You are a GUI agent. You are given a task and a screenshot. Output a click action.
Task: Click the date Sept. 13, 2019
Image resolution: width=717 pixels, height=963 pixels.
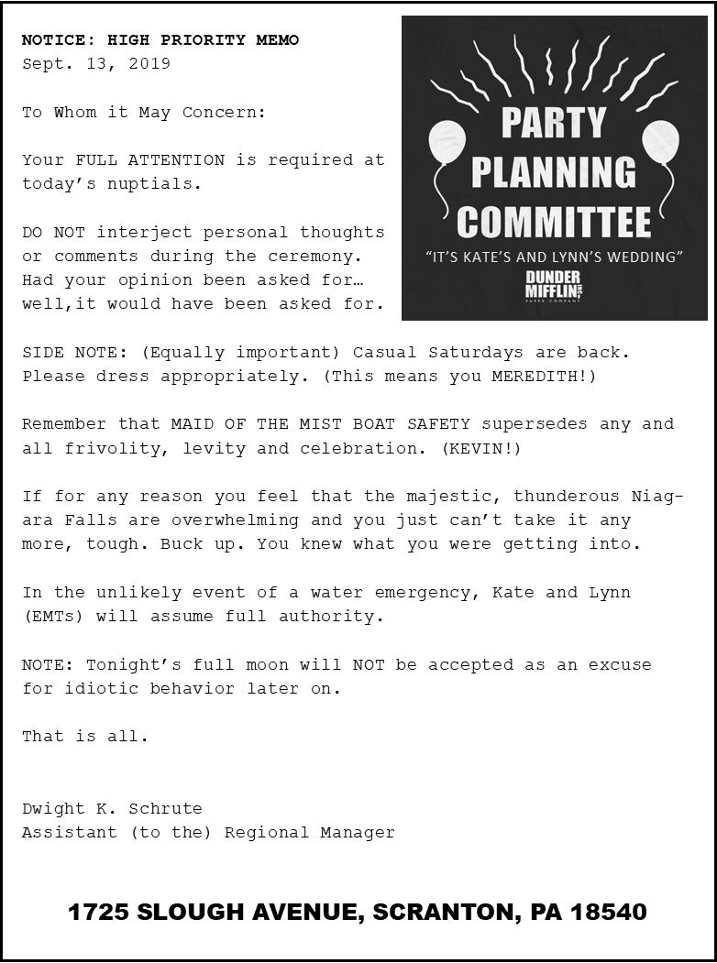coord(96,64)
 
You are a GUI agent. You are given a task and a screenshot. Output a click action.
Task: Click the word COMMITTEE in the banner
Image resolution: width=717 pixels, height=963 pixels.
coord(553,222)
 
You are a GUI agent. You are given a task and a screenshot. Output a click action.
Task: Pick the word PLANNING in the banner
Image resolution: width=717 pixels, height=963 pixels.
coord(553,172)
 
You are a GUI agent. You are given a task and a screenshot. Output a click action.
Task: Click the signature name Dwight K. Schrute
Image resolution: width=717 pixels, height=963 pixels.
coord(112,809)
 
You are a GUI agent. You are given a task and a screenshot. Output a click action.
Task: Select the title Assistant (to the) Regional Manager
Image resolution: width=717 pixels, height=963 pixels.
coord(208,833)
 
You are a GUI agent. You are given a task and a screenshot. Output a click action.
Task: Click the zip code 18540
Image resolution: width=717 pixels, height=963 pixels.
coord(609,913)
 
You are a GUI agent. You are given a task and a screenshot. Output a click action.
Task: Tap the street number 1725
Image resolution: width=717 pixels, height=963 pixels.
coord(98,913)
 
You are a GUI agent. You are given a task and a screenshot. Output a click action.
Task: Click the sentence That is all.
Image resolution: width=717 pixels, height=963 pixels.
coord(85,737)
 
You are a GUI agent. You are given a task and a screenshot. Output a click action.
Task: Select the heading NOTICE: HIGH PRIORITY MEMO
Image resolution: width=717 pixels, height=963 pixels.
coord(160,40)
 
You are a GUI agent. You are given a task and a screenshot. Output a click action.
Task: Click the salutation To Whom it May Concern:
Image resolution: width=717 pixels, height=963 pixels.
coord(144,113)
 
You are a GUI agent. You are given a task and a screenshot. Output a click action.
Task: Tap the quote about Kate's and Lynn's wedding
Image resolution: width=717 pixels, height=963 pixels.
coord(554,257)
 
